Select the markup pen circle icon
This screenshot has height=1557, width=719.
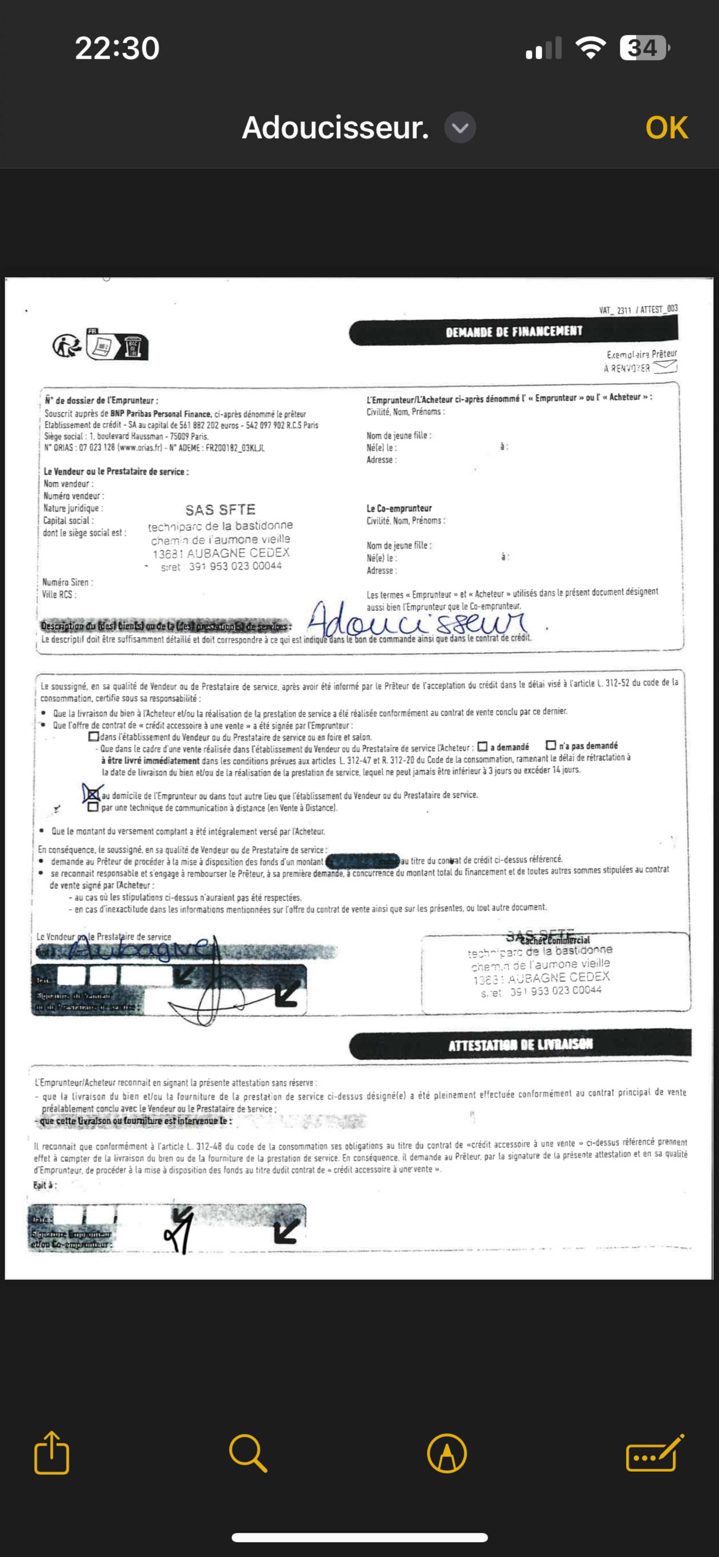[446, 1453]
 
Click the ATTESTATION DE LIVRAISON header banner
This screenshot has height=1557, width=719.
[519, 1044]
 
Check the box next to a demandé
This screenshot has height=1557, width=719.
[482, 746]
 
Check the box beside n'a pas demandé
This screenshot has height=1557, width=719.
[550, 745]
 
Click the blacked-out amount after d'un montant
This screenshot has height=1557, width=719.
[362, 861]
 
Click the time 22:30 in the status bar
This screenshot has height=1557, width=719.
[117, 48]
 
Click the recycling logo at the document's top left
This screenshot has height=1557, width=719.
[67, 346]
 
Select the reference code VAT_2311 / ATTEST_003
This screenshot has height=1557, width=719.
[638, 309]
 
